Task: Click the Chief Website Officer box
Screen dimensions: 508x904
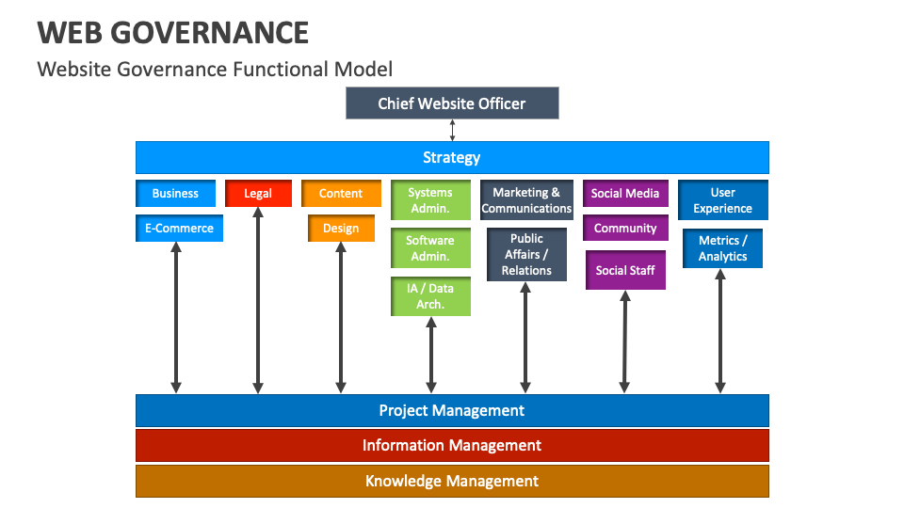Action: tap(452, 103)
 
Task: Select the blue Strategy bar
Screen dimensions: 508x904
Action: tap(452, 157)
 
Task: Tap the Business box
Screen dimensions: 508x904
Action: tap(175, 193)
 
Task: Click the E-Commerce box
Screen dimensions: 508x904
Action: tap(179, 228)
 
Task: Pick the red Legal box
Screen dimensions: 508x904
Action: tap(258, 193)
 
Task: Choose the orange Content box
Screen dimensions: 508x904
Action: tap(341, 193)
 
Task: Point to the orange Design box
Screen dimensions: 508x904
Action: tap(341, 228)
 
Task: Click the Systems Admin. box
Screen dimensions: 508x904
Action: tap(430, 200)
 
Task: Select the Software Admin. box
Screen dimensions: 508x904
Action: tap(430, 248)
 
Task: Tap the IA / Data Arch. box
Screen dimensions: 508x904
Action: tap(430, 296)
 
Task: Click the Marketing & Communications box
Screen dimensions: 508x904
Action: tap(526, 200)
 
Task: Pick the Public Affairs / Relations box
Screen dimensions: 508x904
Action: tap(526, 254)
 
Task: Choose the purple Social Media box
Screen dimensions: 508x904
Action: tap(625, 193)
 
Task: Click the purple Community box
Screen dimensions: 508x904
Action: tap(625, 228)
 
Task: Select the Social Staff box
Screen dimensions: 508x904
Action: tap(625, 270)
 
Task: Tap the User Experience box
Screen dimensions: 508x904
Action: tap(722, 200)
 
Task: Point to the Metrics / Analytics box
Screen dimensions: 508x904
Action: tap(722, 248)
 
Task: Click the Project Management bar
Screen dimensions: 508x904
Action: tap(452, 410)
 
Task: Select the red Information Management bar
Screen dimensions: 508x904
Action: tap(452, 445)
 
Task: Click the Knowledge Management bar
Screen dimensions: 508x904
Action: tap(452, 481)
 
